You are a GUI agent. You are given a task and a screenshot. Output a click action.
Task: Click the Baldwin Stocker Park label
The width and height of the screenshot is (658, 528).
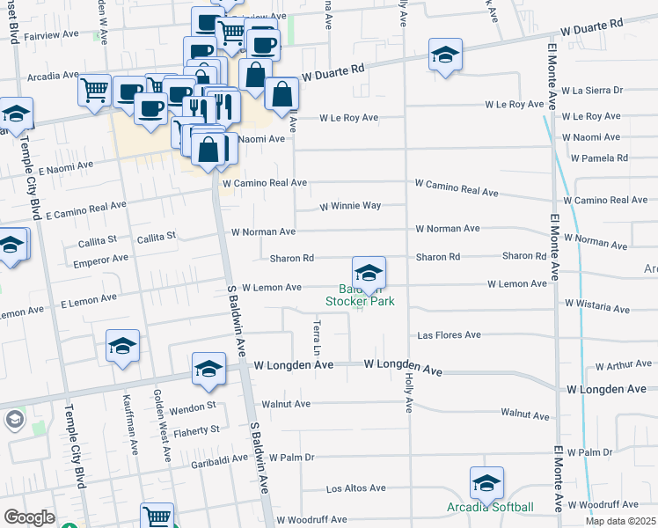click(360, 296)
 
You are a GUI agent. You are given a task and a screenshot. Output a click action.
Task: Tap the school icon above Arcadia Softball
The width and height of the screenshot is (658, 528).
click(486, 483)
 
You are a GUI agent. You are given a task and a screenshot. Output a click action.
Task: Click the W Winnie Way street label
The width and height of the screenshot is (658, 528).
click(349, 206)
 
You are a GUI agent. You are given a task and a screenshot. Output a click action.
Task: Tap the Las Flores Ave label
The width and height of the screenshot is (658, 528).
click(449, 335)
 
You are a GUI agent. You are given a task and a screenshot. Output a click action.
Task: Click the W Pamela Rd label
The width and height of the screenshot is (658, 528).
click(598, 158)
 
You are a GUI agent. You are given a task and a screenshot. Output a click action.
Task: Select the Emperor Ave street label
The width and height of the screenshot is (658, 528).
click(101, 260)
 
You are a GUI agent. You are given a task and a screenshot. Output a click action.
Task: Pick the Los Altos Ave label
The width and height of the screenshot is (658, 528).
click(356, 488)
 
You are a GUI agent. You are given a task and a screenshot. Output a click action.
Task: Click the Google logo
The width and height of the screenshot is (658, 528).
click(29, 517)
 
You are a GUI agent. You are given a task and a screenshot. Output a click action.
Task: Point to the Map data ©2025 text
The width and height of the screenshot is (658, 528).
click(620, 521)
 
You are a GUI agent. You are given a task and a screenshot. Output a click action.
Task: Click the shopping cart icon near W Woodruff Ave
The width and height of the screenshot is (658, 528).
click(157, 517)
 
